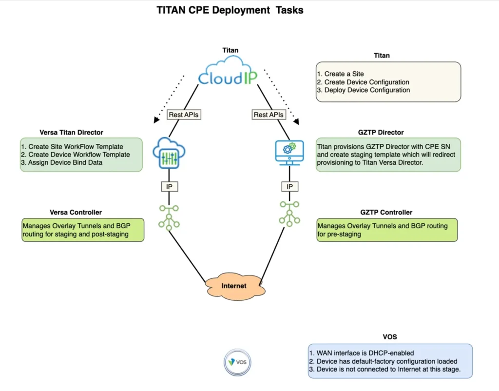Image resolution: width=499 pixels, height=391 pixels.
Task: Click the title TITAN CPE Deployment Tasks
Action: point(230,10)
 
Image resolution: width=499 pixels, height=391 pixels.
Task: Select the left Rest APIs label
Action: point(184,115)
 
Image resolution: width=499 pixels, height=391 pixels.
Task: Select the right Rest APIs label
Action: point(269,115)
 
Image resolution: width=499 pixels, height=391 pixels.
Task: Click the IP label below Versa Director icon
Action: point(168,186)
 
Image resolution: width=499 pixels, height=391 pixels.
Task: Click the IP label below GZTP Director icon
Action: point(289,186)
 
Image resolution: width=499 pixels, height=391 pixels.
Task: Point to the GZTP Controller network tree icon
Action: point(289,214)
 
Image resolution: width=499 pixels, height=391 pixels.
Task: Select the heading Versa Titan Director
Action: point(71,132)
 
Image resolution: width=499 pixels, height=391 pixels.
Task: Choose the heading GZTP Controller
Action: point(387,212)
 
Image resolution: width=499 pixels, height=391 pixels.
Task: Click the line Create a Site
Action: point(345,74)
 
